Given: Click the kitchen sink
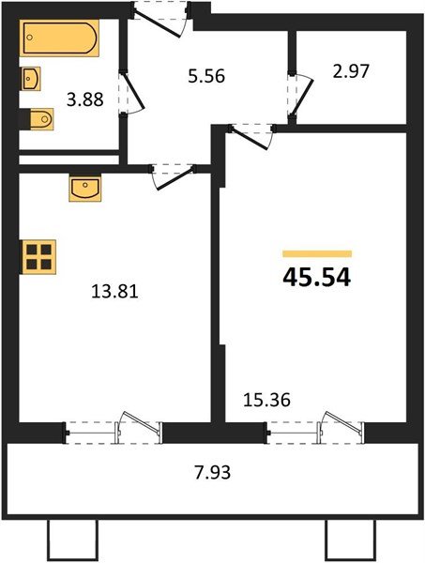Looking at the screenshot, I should click(x=83, y=189).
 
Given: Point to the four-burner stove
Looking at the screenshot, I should click(x=40, y=255).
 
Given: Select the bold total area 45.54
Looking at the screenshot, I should click(x=316, y=279).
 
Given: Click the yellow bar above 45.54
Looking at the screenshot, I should click(x=316, y=253).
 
